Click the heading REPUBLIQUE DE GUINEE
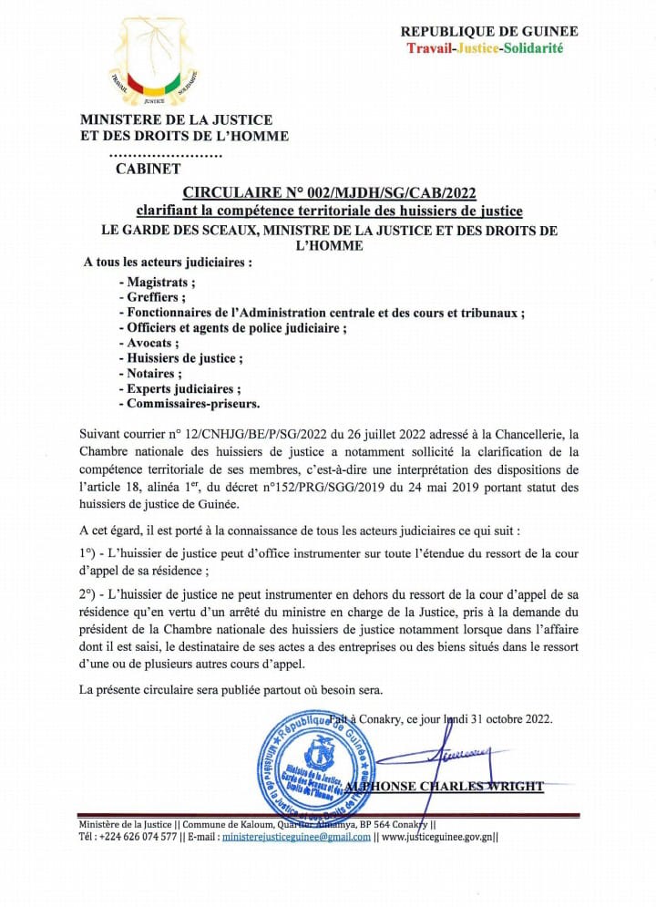(489, 31)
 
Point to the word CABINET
(149, 168)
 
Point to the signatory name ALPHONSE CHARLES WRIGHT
(466, 786)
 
